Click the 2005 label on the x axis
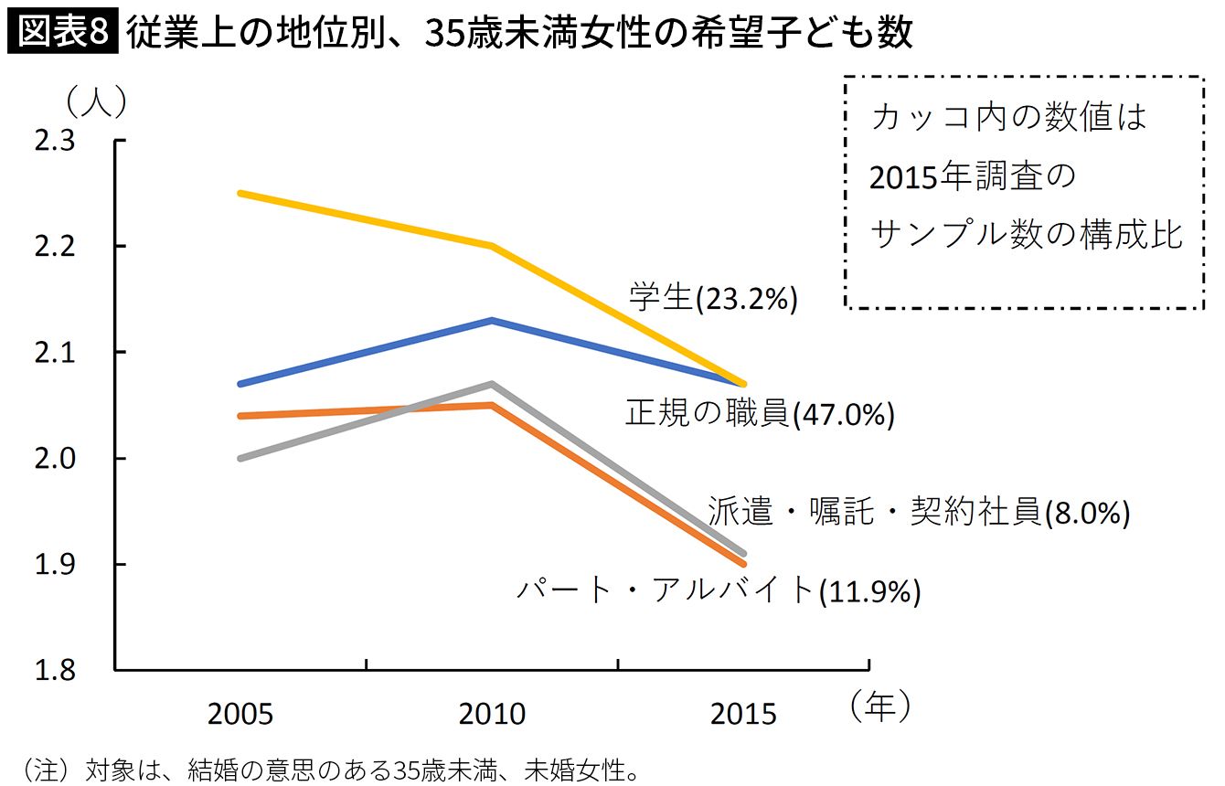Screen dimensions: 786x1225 (240, 714)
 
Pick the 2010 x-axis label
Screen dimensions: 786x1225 (492, 714)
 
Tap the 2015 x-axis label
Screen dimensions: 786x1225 (743, 714)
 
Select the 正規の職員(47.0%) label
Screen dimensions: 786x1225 (759, 414)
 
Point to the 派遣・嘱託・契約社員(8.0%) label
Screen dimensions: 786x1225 (919, 513)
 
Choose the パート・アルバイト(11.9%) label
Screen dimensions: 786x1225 (718, 590)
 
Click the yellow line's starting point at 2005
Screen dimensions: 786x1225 (240, 194)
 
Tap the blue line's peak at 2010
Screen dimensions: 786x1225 (492, 320)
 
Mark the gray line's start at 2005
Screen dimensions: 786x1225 (240, 458)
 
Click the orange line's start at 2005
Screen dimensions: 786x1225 (240, 416)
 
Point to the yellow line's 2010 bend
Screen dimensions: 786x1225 (492, 246)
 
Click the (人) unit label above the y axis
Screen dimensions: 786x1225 (95, 101)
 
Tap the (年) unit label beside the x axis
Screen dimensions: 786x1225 (879, 706)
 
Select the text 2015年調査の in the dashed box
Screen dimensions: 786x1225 (974, 176)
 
